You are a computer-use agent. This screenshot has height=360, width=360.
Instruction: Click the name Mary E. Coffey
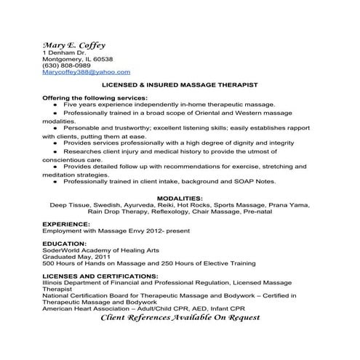(x=74, y=44)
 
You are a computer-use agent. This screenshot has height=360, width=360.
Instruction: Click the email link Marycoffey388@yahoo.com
(x=87, y=72)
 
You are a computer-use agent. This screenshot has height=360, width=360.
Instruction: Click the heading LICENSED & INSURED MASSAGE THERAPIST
(x=180, y=85)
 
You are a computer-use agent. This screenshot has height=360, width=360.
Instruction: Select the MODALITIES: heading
(x=180, y=198)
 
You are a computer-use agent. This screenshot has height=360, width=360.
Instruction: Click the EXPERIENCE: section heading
(x=67, y=223)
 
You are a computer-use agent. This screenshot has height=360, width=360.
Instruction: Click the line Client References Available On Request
(x=180, y=318)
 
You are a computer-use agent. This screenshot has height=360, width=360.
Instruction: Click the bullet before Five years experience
(x=57, y=105)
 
